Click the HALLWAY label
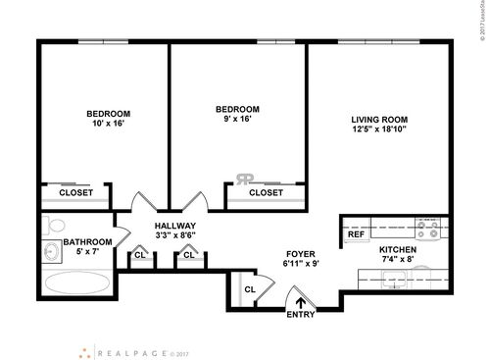click(x=177, y=226)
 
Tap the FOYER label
click(x=299, y=253)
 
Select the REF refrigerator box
click(x=356, y=234)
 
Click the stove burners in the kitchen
click(x=427, y=230)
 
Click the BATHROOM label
click(x=88, y=241)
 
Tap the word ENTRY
click(x=301, y=315)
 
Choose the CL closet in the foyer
click(x=250, y=289)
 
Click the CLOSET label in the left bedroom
click(x=76, y=193)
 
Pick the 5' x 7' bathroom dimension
click(x=88, y=253)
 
